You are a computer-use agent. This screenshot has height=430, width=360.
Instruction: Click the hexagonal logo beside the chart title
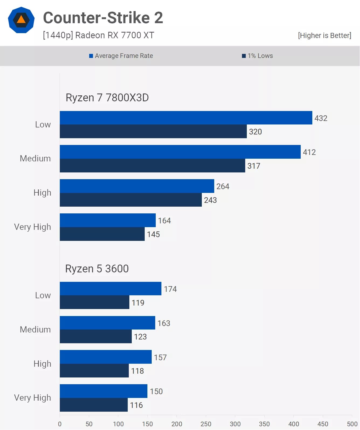tap(21, 20)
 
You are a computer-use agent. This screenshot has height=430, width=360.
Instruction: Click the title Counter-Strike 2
tap(103, 18)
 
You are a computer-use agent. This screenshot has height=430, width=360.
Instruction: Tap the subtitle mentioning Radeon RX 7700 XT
tap(99, 35)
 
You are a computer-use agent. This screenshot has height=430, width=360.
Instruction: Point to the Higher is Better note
tap(324, 36)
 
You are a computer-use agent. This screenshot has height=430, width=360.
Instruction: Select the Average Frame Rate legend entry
tap(121, 56)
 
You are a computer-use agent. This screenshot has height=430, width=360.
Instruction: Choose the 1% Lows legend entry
tap(257, 56)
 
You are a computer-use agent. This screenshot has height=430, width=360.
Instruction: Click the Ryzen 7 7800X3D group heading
tap(107, 98)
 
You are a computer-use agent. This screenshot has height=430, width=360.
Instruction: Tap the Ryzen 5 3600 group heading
tap(97, 269)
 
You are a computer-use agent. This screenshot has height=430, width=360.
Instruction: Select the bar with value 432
tap(186, 118)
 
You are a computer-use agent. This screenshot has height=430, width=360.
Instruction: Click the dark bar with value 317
tap(152, 166)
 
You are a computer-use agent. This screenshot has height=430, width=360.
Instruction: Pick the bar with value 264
tap(137, 186)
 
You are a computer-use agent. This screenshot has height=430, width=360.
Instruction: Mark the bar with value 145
tap(102, 234)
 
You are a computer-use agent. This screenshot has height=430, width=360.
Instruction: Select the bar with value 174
tap(110, 289)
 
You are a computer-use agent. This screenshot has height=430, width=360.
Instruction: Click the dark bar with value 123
tap(96, 337)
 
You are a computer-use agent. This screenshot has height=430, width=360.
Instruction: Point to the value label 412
tap(309, 152)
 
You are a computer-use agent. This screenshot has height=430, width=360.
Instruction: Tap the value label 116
tap(136, 405)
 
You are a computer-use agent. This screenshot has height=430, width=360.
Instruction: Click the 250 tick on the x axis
tap(206, 424)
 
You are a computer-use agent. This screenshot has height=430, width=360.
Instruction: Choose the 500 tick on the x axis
tap(352, 424)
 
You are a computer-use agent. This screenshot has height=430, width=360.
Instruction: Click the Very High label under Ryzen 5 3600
tap(33, 398)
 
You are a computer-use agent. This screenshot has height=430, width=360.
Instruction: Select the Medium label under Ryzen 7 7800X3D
tap(35, 158)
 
